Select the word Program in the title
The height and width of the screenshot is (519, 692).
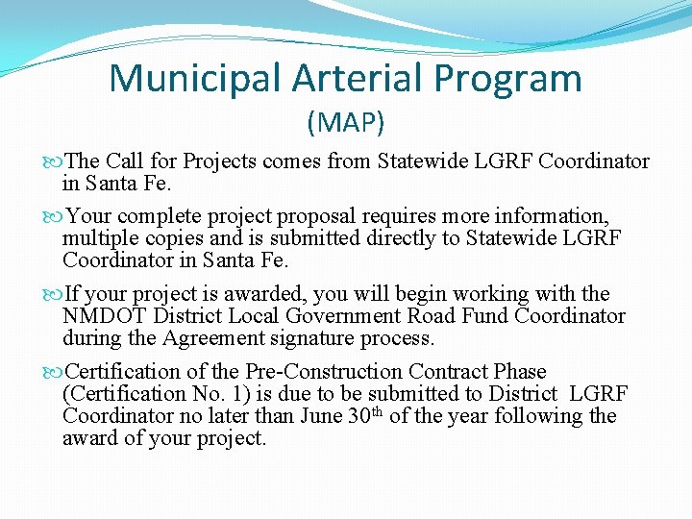tap(513, 79)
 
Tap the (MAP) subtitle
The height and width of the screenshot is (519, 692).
tap(346, 122)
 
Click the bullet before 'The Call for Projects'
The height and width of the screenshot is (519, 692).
tap(53, 161)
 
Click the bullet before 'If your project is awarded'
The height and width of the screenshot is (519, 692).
tap(53, 294)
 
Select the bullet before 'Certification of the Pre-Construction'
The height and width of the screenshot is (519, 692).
tap(53, 372)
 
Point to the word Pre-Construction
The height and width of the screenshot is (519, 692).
tap(324, 372)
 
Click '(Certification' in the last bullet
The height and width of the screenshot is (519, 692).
tap(119, 394)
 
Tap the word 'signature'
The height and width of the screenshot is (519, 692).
tap(311, 338)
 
